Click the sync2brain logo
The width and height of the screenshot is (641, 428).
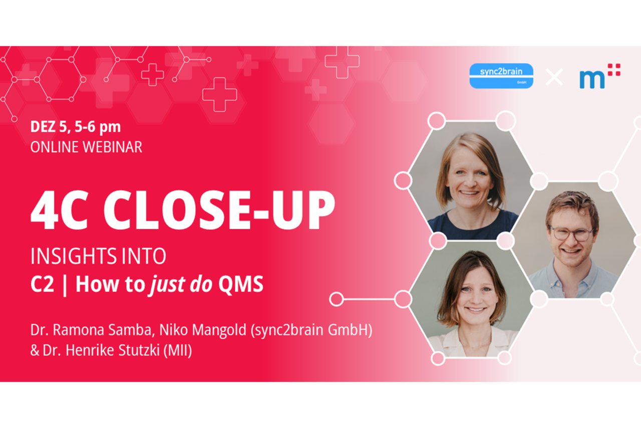tap(501, 76)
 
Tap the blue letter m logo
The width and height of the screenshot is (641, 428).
tap(592, 79)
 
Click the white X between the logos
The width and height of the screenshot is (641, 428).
tap(554, 77)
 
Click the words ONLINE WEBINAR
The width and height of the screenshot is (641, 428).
tap(86, 147)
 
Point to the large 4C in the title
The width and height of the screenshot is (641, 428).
tap(59, 210)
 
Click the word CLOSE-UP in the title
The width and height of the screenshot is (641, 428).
tap(219, 210)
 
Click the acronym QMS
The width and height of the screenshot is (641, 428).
tap(241, 284)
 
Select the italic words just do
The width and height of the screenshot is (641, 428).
tap(181, 285)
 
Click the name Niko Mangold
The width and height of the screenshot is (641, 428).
tap(203, 330)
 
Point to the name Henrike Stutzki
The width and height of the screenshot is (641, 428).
tap(113, 350)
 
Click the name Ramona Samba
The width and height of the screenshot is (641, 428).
tap(102, 330)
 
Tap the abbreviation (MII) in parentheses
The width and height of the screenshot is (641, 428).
tap(177, 351)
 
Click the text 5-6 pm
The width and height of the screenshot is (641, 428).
tap(98, 127)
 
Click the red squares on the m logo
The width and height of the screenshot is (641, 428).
tap(614, 69)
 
